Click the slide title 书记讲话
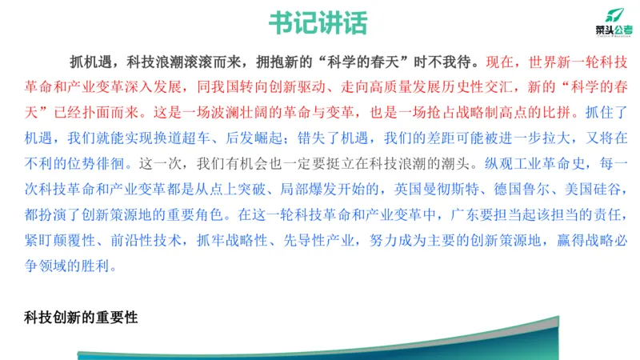point(319,22)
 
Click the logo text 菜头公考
point(613,30)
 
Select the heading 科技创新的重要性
point(82,318)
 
